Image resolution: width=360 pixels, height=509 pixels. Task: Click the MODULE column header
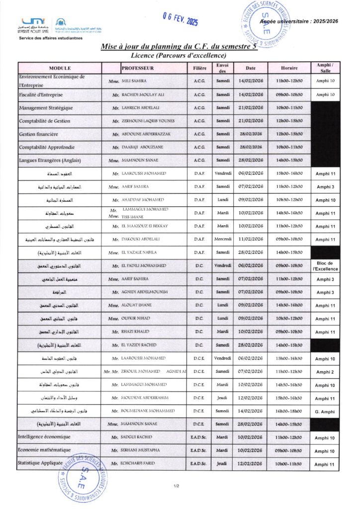point(60,68)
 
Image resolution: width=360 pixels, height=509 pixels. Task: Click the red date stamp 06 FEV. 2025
point(180,19)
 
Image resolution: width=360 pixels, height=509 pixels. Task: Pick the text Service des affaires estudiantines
point(47,38)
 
